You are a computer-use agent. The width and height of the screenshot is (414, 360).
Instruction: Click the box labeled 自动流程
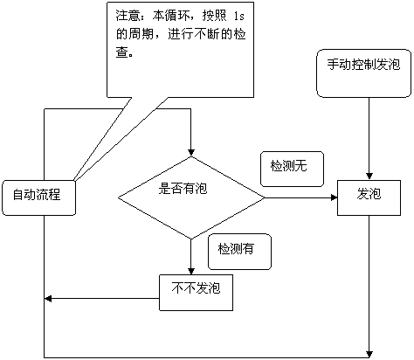pos(38,197)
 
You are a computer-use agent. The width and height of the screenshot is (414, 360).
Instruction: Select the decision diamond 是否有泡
pos(191,197)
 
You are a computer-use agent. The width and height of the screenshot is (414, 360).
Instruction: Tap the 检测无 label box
pos(292,169)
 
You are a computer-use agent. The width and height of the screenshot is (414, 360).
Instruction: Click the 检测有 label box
pos(239,252)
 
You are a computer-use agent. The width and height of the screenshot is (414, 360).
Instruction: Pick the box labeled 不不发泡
pos(196,293)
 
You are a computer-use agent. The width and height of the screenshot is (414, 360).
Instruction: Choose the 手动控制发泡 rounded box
pos(364,73)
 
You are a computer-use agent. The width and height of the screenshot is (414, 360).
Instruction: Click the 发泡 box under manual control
pos(369,197)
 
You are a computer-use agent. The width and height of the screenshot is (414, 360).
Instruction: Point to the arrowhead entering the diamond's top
pos(191,153)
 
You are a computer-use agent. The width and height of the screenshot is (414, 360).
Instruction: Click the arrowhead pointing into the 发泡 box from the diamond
pos(334,197)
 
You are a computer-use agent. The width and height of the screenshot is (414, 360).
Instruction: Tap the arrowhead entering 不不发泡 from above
pos(191,271)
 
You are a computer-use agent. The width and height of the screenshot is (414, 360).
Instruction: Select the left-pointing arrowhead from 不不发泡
pos(48,299)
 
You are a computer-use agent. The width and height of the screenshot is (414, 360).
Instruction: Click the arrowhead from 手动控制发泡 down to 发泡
pos(369,177)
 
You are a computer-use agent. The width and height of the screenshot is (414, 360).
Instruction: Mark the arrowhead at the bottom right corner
pos(369,354)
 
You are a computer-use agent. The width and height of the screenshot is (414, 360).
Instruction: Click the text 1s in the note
pos(239,17)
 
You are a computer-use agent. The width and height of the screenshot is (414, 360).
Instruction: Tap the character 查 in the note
pos(121,52)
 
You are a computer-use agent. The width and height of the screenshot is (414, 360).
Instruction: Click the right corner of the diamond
pos(265,197)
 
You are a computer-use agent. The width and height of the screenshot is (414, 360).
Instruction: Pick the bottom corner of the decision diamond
pos(191,239)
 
